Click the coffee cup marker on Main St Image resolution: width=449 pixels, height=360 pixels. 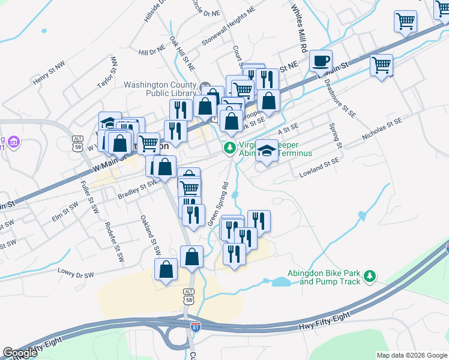(321, 61)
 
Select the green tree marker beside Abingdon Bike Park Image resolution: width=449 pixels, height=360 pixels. (371, 275)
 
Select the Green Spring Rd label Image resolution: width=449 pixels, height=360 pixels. (218, 204)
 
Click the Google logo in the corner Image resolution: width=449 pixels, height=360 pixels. (20, 353)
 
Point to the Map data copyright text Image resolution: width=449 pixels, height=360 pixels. (411, 355)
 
